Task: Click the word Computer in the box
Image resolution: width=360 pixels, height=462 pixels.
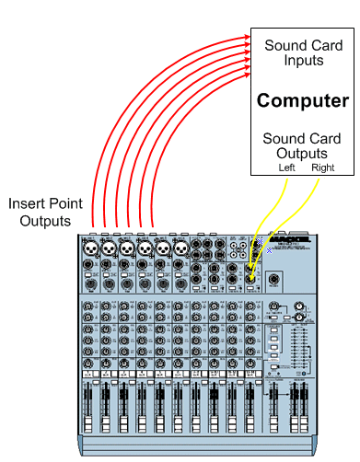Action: (x=302, y=100)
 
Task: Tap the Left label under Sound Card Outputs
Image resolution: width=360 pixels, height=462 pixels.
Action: (x=287, y=168)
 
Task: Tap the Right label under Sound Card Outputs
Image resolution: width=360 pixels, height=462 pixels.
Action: (x=322, y=168)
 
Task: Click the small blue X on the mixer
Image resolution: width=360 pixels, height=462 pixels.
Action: (x=269, y=249)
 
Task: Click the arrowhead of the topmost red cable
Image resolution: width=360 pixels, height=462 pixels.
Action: (x=249, y=40)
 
